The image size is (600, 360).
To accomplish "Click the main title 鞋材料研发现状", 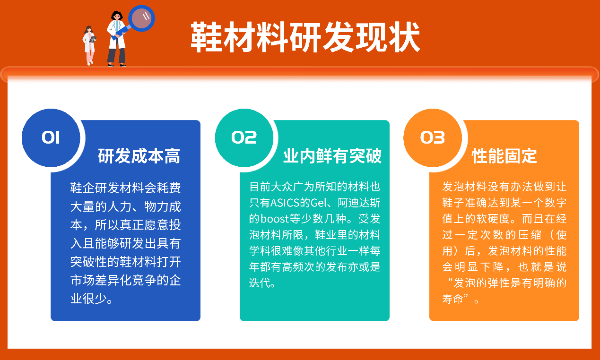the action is (305, 37).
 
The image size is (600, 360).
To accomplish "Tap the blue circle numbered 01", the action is (51, 138).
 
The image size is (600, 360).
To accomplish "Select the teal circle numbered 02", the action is (244, 138).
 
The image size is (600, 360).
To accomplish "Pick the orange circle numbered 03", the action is (433, 138).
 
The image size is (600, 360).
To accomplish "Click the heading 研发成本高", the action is (139, 156).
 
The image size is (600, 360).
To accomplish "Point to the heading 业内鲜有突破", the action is (332, 156).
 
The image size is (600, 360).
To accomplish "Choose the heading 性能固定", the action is (504, 156).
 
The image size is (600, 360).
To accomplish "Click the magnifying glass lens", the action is (141, 18).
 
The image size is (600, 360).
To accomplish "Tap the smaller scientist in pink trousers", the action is (89, 45).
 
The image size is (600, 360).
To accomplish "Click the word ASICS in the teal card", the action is (285, 203).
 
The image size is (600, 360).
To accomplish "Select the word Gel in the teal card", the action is (318, 203).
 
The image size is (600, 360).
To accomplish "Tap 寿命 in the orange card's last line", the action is (452, 299).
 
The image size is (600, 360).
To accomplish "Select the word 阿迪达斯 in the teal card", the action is (359, 203).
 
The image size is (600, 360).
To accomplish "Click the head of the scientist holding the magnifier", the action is (117, 16).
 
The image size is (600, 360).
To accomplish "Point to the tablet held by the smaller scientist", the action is (93, 39).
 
